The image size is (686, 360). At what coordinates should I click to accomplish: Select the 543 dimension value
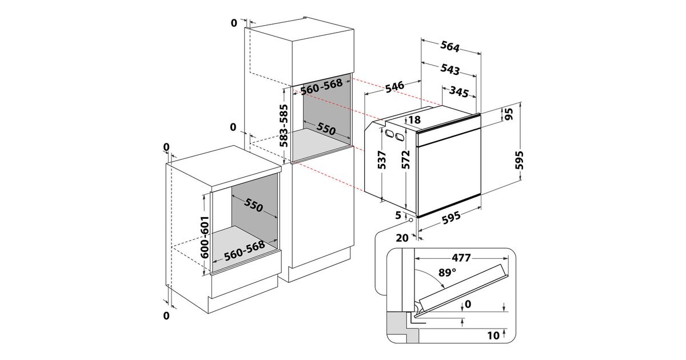(450, 70)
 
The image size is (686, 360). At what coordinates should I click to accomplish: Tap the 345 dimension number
(459, 91)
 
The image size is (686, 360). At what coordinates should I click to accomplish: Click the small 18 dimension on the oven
(414, 120)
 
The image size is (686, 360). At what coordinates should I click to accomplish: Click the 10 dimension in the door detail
(493, 334)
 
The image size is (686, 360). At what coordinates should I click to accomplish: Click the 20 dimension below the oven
(401, 238)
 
